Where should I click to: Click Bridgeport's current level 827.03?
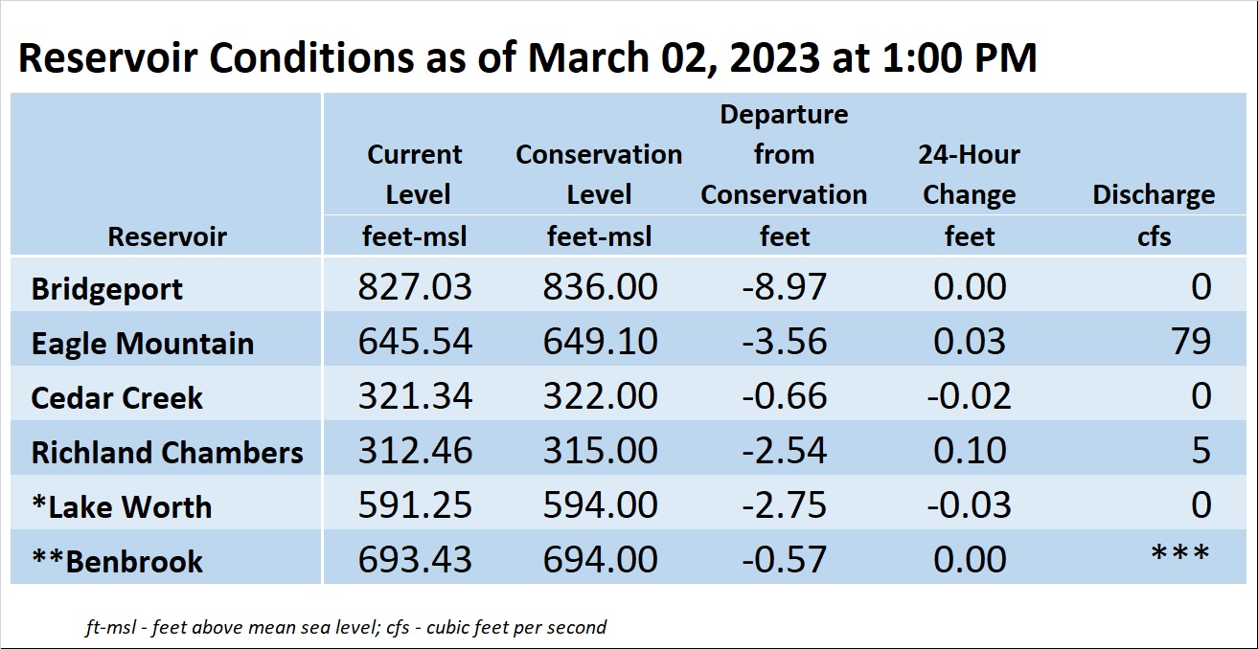pyautogui.click(x=415, y=286)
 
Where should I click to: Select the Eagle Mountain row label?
pyautogui.click(x=143, y=344)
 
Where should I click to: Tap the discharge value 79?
pyautogui.click(x=1191, y=341)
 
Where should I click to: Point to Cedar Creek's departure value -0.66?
pyautogui.click(x=784, y=395)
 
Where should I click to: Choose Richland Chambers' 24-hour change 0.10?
pyautogui.click(x=970, y=450)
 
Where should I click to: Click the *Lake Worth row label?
pyautogui.click(x=122, y=506)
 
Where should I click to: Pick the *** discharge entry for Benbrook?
pyautogui.click(x=1180, y=552)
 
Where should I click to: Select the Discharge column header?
pyautogui.click(x=1154, y=194)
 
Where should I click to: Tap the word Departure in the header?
pyautogui.click(x=784, y=115)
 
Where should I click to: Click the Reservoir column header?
pyautogui.click(x=168, y=236)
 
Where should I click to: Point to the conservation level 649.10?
pyautogui.click(x=600, y=341)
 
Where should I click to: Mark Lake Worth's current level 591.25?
pyautogui.click(x=415, y=504)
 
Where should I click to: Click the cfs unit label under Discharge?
pyautogui.click(x=1155, y=236)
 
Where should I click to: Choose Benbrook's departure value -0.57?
pyautogui.click(x=784, y=559)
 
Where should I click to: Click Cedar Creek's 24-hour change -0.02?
pyautogui.click(x=970, y=395)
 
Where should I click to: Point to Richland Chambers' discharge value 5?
pyautogui.click(x=1201, y=450)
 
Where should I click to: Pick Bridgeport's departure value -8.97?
pyautogui.click(x=784, y=286)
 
